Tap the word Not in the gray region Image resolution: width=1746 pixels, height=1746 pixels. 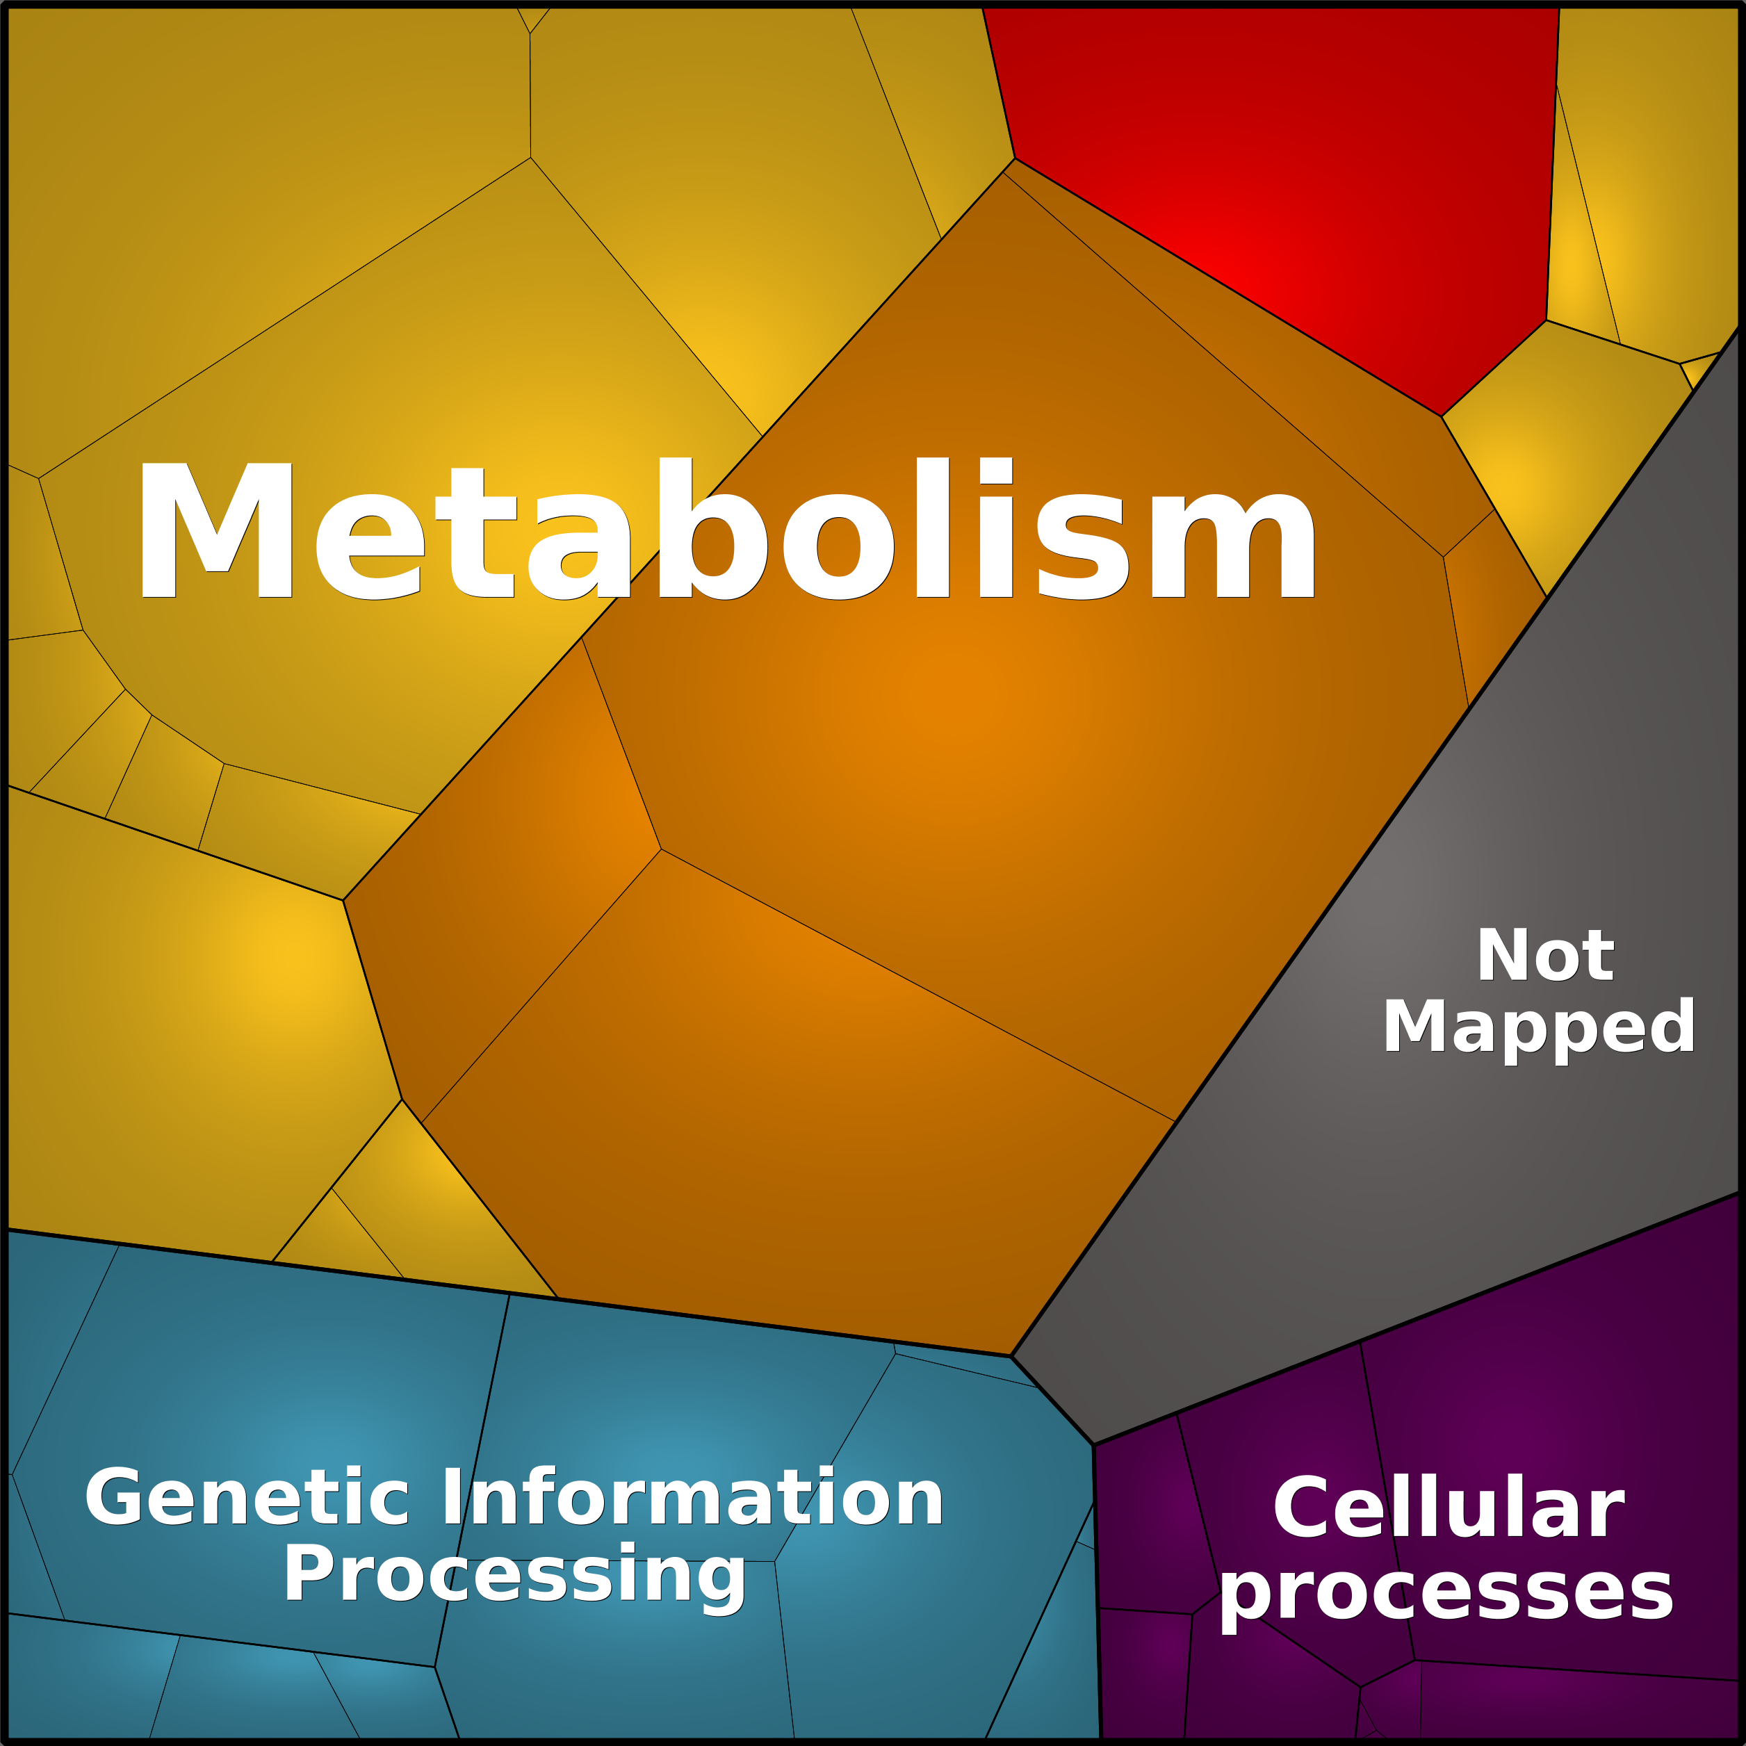tap(1544, 955)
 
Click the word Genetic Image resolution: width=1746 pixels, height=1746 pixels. tap(247, 1497)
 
